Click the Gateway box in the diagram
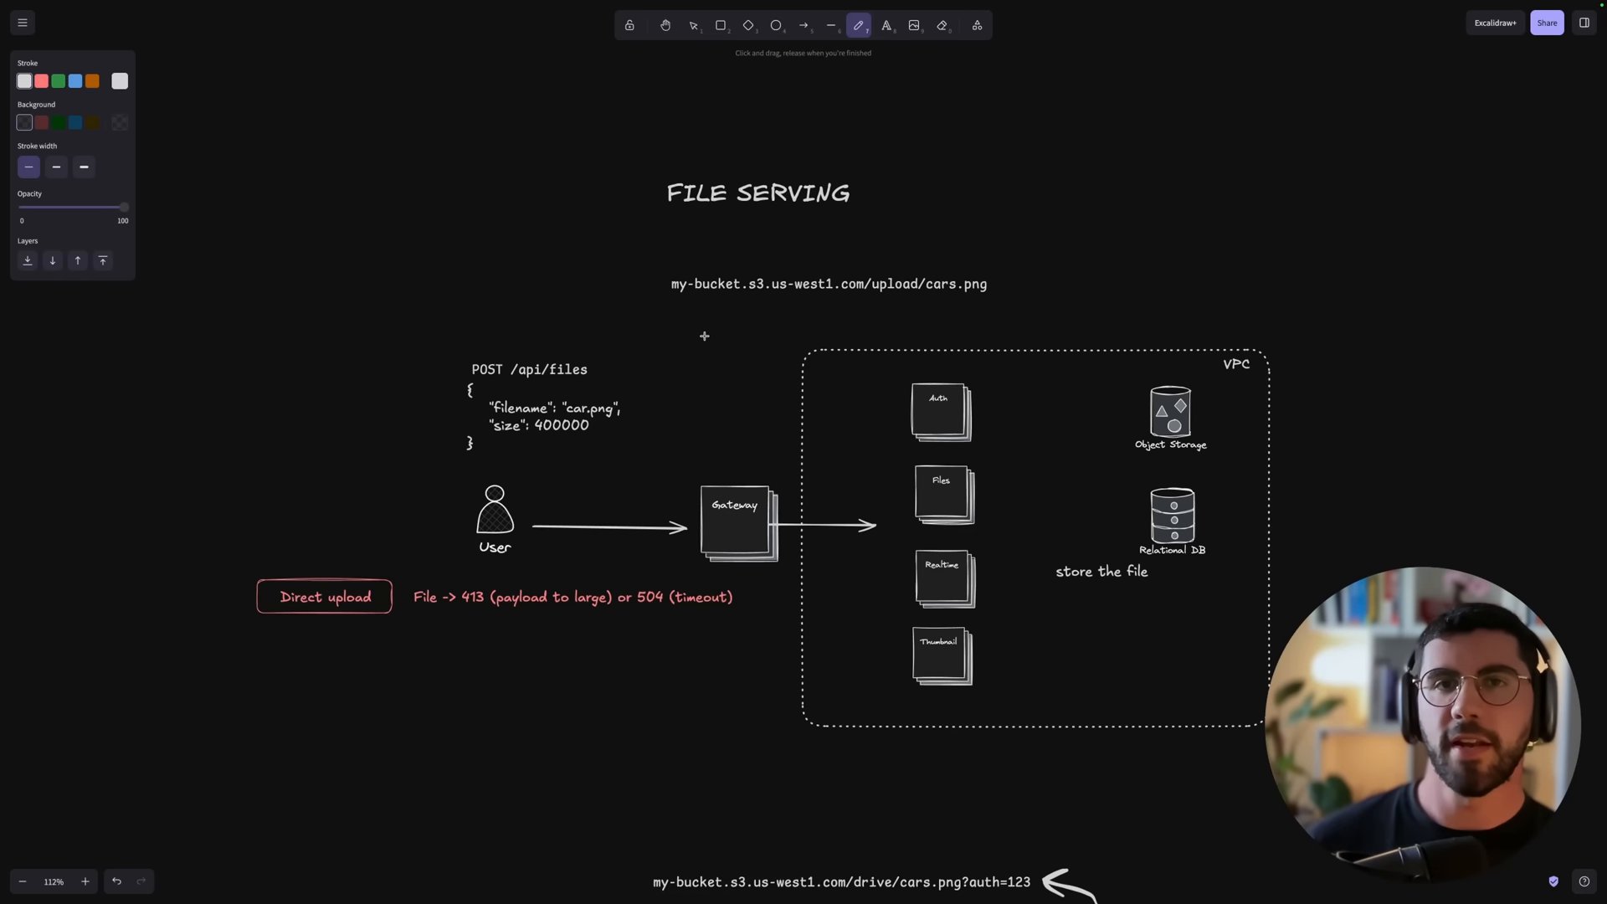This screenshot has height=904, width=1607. [739, 523]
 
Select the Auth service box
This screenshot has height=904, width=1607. [942, 412]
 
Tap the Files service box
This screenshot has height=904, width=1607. [945, 495]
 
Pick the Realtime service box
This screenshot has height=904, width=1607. [946, 578]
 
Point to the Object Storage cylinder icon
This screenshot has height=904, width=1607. [1170, 411]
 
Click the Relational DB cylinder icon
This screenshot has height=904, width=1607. [1173, 516]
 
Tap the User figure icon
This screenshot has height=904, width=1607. [495, 509]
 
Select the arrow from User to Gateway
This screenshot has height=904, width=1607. [609, 526]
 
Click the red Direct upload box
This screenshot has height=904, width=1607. [325, 597]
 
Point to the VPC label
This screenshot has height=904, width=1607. [1236, 364]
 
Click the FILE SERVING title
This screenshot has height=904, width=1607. [758, 193]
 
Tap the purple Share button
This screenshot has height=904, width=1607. [1547, 23]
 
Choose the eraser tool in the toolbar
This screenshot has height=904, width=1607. [942, 25]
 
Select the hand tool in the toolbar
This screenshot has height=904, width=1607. [665, 25]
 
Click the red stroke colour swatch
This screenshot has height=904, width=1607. [41, 81]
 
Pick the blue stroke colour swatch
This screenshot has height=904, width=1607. [75, 81]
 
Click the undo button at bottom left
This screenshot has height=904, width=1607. [116, 881]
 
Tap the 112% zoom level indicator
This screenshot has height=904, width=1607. [54, 881]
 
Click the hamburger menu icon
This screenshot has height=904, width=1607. [23, 23]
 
